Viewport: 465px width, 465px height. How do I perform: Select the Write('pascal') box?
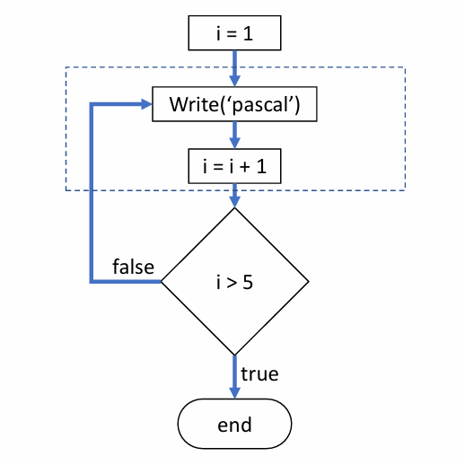point(234,106)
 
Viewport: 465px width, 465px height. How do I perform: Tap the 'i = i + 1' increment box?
point(234,166)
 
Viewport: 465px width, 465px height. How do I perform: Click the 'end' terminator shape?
point(234,425)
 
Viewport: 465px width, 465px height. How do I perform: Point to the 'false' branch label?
point(133,267)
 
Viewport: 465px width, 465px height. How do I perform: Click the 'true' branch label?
point(260,373)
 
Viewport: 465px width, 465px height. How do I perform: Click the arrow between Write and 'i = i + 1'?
point(234,136)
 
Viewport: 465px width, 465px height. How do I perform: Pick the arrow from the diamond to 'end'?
point(234,377)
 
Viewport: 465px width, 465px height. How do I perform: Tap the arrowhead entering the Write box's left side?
point(145,103)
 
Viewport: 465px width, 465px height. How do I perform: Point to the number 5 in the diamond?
point(248,282)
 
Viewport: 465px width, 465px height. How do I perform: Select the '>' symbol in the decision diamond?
point(233,282)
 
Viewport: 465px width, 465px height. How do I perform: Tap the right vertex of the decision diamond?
point(308,282)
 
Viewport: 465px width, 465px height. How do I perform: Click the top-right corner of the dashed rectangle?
point(405,67)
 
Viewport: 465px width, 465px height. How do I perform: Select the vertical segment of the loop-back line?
point(92,193)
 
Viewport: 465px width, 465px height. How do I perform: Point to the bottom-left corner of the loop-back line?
point(92,281)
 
